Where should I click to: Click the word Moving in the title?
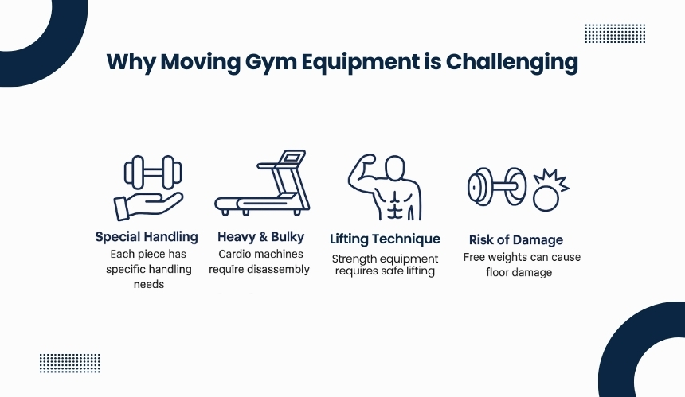[200, 62]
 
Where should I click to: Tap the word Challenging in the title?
[511, 62]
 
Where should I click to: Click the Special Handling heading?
[147, 237]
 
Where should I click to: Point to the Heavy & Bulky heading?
[260, 237]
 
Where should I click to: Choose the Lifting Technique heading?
[385, 239]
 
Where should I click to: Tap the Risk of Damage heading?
[516, 240]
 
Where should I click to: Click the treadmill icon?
[262, 183]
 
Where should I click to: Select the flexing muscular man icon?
[385, 187]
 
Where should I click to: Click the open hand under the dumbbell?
[147, 206]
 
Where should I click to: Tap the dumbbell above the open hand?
[153, 173]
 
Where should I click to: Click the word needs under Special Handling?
[148, 285]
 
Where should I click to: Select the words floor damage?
[519, 273]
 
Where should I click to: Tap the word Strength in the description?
[353, 259]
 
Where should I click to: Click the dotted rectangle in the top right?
[615, 33]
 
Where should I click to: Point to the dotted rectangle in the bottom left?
[70, 364]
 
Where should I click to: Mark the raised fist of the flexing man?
[366, 161]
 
